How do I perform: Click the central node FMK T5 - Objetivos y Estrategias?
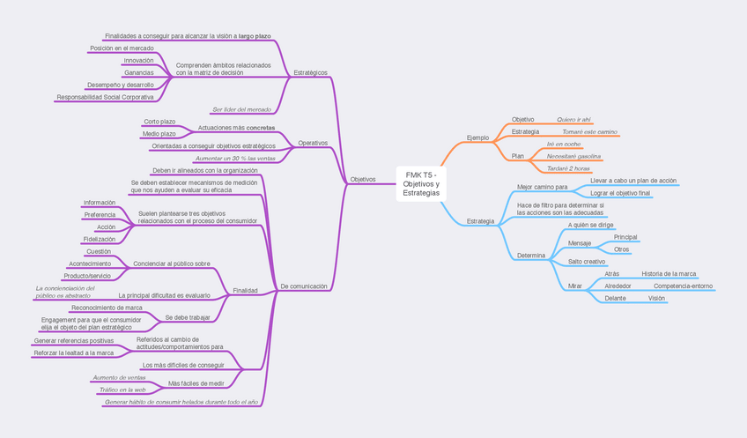pyautogui.click(x=420, y=183)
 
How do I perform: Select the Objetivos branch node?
pyautogui.click(x=363, y=179)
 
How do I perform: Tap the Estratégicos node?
pyautogui.click(x=310, y=72)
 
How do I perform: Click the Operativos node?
pyautogui.click(x=313, y=142)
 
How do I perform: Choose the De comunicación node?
pyautogui.click(x=303, y=286)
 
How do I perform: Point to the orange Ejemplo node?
pyautogui.click(x=477, y=137)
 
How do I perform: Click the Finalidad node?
pyautogui.click(x=245, y=290)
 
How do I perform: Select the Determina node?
pyautogui.click(x=531, y=255)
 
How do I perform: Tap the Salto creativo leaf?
pyautogui.click(x=586, y=262)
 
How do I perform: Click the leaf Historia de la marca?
pyautogui.click(x=669, y=274)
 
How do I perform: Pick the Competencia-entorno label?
pyautogui.click(x=683, y=286)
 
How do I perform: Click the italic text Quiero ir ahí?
pyautogui.click(x=574, y=119)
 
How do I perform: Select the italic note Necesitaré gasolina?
pyautogui.click(x=573, y=156)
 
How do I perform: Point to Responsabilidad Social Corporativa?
pyautogui.click(x=105, y=97)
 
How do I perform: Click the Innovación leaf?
pyautogui.click(x=138, y=60)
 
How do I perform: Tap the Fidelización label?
pyautogui.click(x=99, y=239)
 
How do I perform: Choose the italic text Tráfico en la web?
pyautogui.click(x=122, y=389)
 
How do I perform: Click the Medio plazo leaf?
pyautogui.click(x=159, y=133)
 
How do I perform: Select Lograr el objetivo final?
pyautogui.click(x=620, y=192)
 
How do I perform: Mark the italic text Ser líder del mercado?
pyautogui.click(x=241, y=109)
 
